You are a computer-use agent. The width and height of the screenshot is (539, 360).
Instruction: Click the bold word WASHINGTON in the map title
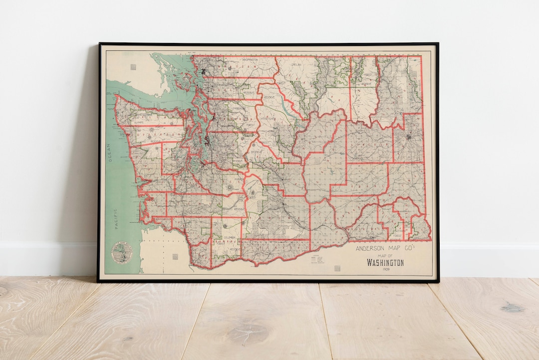click(385, 263)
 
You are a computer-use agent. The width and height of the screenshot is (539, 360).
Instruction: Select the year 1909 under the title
click(385, 270)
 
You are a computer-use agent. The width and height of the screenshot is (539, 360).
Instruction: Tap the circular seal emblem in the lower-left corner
click(121, 251)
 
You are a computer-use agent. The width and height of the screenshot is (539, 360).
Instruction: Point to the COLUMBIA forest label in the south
click(229, 237)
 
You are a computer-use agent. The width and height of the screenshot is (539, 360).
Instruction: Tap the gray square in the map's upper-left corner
click(133, 66)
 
